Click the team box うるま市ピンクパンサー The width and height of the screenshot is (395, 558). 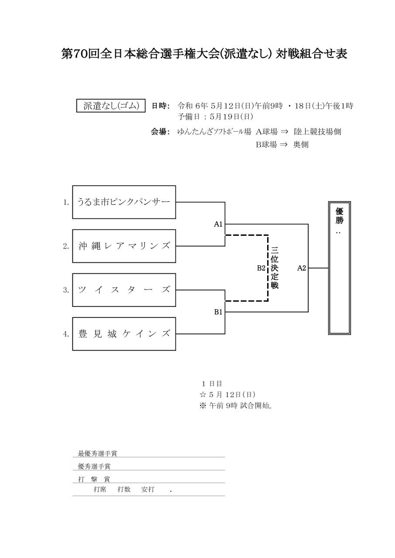[x=124, y=202]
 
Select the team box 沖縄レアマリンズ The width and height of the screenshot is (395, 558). [x=124, y=246]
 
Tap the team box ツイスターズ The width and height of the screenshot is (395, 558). [x=124, y=290]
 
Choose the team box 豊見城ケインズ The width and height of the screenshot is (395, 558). [x=124, y=334]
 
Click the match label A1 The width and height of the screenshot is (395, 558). [x=218, y=225]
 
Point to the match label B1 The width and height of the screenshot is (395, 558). [x=218, y=312]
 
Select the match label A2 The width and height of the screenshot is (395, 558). [x=302, y=268]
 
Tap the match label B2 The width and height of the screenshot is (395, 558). [x=261, y=268]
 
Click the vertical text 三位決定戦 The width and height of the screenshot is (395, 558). [x=275, y=268]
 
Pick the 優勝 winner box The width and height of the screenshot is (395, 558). [x=340, y=268]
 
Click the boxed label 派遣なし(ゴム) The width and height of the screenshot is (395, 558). [x=111, y=106]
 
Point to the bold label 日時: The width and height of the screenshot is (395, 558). [x=160, y=106]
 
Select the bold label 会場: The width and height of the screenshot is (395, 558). [x=160, y=132]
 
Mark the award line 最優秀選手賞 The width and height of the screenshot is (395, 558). [x=97, y=454]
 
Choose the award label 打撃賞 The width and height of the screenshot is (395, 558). [x=94, y=479]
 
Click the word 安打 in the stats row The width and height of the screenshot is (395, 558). [x=148, y=490]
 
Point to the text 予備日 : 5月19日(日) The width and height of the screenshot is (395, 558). [x=215, y=117]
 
